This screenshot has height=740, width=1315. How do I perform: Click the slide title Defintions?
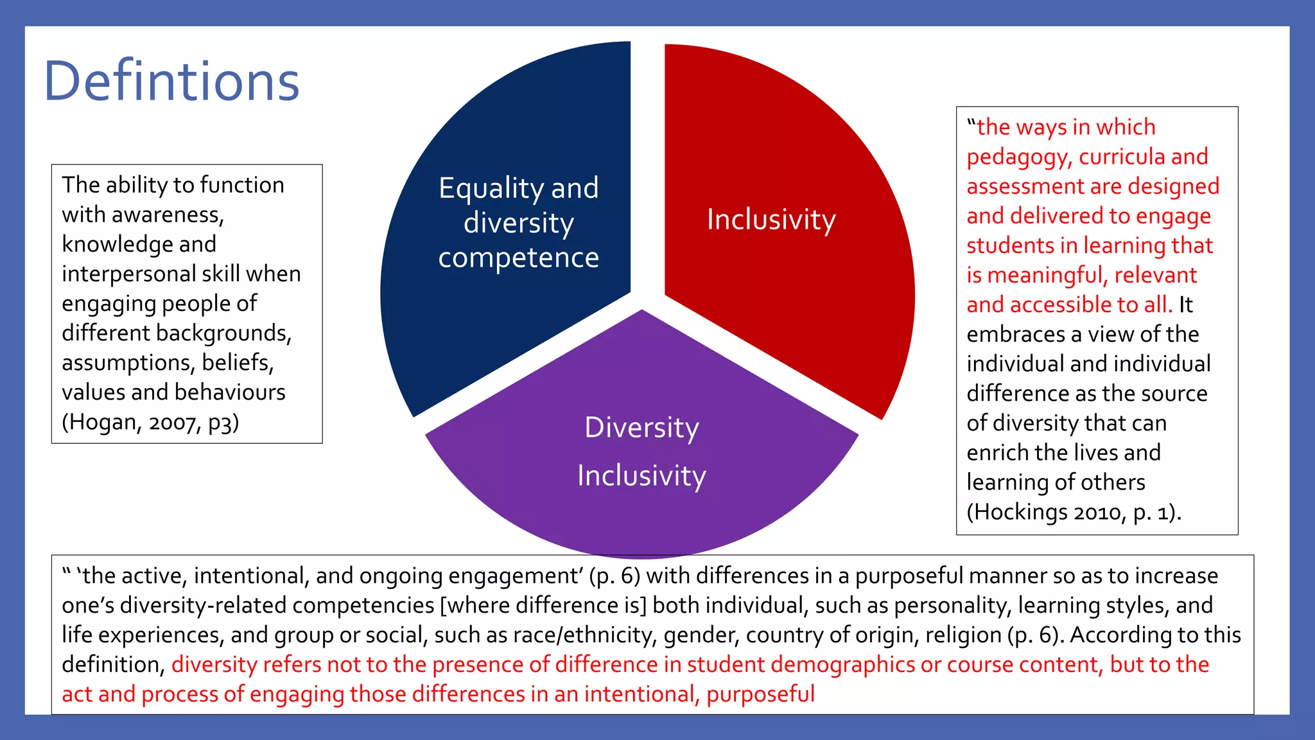coord(171,82)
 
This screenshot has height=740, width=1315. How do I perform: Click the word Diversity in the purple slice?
coord(641,428)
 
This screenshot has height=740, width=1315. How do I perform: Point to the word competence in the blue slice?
coord(518,258)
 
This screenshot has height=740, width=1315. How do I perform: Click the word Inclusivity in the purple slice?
coord(641,476)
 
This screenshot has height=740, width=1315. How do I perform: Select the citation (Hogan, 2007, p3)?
coord(150,422)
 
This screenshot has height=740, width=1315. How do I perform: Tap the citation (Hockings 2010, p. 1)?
coord(1074,512)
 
